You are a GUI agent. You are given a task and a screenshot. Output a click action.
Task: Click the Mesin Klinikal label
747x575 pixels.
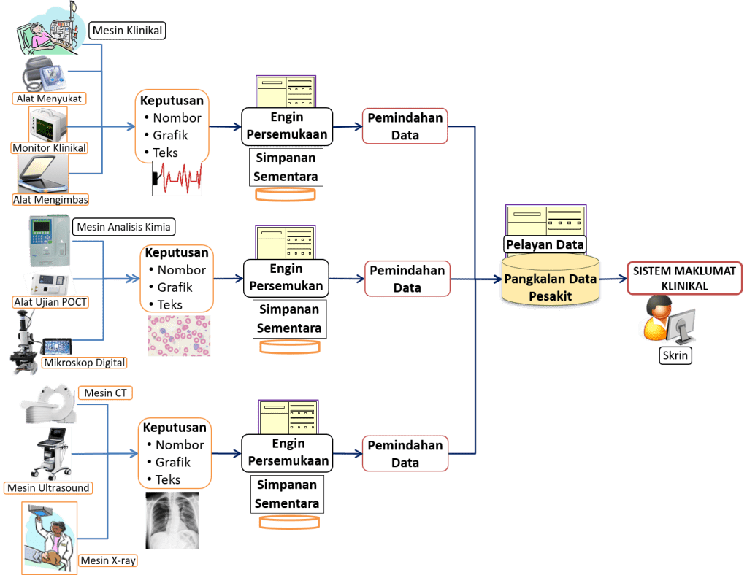(x=127, y=31)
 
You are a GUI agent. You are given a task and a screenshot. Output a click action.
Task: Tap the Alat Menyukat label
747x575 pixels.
(x=49, y=98)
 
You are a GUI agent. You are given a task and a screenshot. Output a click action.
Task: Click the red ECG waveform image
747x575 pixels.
(x=177, y=179)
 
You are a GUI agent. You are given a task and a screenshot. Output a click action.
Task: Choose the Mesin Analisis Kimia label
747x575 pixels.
(x=123, y=227)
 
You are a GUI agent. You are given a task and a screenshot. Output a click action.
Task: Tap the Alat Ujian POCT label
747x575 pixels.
(x=51, y=301)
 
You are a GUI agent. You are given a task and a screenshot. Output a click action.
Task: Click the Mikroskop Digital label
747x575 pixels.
(x=85, y=363)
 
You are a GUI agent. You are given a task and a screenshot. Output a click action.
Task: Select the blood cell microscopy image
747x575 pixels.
(x=179, y=336)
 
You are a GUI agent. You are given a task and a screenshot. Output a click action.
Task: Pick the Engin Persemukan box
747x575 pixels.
(x=286, y=278)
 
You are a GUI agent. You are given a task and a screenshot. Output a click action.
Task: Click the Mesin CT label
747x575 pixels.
(x=105, y=393)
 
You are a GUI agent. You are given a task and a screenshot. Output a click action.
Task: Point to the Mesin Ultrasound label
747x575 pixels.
(x=48, y=487)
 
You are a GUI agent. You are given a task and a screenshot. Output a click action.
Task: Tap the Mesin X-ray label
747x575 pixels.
(x=107, y=560)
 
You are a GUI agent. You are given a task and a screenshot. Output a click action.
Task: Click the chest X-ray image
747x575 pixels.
(x=172, y=520)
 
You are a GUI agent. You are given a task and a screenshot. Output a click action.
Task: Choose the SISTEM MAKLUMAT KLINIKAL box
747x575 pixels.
(x=684, y=278)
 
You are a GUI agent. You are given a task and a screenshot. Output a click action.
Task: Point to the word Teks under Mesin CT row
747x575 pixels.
(x=168, y=479)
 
